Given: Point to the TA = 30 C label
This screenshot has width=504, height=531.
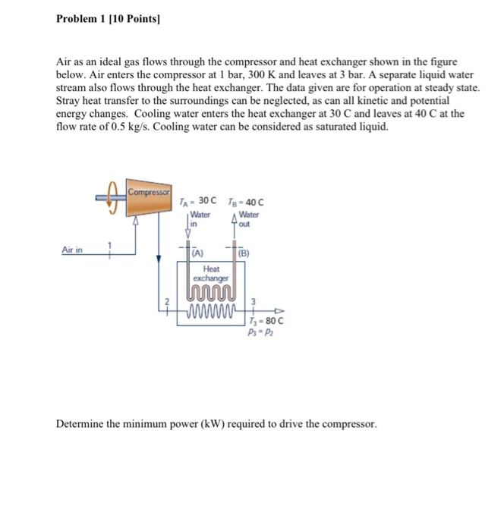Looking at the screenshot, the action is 199,201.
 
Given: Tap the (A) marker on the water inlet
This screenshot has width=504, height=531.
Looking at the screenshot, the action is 196,253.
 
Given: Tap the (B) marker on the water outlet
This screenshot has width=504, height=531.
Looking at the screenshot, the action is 244,253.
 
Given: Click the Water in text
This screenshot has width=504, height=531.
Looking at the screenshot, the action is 199,218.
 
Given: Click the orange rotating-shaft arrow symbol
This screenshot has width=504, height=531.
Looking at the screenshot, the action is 113,197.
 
